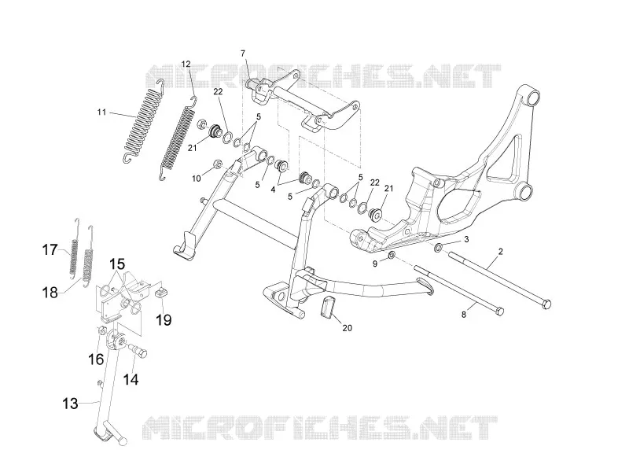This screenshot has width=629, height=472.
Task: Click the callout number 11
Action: click(x=101, y=112)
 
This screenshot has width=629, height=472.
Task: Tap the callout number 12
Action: click(x=186, y=64)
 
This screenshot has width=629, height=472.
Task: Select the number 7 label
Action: click(x=243, y=53)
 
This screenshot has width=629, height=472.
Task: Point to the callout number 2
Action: click(x=500, y=252)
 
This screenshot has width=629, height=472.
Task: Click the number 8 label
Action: click(x=464, y=315)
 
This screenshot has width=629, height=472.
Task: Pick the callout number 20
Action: click(x=348, y=328)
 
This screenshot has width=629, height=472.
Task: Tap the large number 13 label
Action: click(x=70, y=404)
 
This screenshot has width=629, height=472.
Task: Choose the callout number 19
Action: click(x=164, y=320)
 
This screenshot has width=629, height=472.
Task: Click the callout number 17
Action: click(x=50, y=250)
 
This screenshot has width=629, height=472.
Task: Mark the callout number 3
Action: click(x=466, y=240)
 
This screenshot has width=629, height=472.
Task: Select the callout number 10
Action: click(x=196, y=179)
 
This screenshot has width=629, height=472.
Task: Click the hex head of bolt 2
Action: click(x=546, y=304)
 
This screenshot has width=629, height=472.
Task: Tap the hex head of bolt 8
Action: click(x=499, y=312)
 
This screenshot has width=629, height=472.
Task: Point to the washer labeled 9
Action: click(x=392, y=256)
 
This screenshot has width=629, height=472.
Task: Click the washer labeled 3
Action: click(x=439, y=247)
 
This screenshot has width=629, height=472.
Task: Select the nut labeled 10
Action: click(x=217, y=164)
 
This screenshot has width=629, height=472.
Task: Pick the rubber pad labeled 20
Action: click(x=326, y=308)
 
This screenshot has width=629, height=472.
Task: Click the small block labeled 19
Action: click(x=161, y=293)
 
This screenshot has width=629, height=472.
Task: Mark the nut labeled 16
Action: click(x=102, y=331)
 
